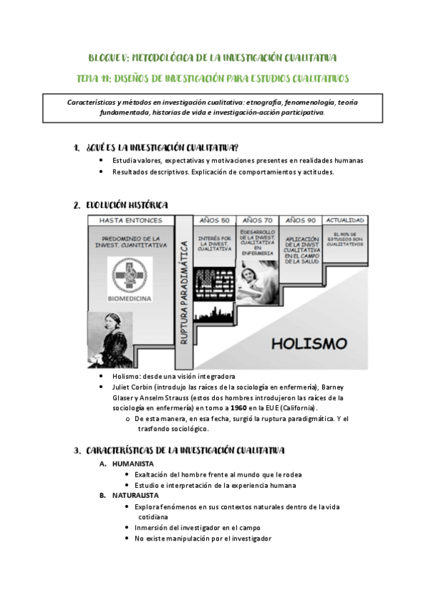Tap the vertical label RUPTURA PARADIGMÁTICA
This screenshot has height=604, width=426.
click(x=183, y=292)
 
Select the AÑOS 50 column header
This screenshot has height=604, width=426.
click(x=215, y=220)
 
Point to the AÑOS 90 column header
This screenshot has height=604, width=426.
click(x=302, y=220)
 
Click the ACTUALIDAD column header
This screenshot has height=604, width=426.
click(x=346, y=220)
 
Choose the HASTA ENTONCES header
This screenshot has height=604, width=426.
click(x=131, y=220)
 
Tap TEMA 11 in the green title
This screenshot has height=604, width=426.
click(x=92, y=77)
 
